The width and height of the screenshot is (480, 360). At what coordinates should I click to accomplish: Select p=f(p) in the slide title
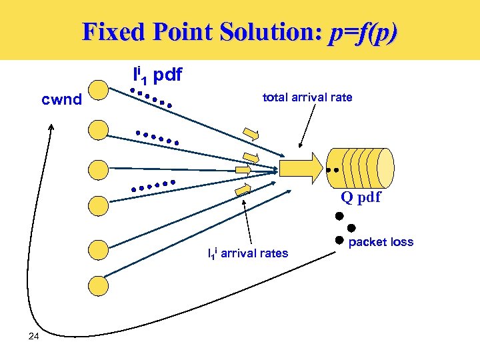click(363, 32)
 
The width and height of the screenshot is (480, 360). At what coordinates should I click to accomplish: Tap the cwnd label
click(62, 100)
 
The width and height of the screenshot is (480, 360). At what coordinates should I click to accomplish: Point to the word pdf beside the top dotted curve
click(167, 75)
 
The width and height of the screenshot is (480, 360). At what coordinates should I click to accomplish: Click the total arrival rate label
click(307, 97)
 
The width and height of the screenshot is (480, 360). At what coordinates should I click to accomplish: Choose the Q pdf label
click(361, 197)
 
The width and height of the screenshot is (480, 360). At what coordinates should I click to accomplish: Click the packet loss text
click(381, 242)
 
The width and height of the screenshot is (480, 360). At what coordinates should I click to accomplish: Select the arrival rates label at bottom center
click(248, 253)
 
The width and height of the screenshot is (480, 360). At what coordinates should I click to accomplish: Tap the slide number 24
click(35, 336)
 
